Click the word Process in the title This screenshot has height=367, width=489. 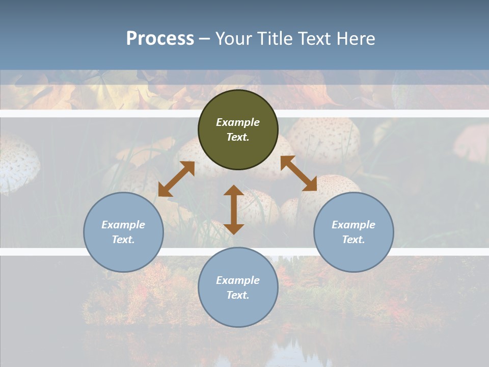(x=160, y=39)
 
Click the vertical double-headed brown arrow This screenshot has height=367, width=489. (x=234, y=209)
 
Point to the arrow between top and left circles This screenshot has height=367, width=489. (x=176, y=179)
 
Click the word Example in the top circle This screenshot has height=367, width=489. (x=238, y=122)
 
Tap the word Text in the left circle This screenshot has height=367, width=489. (x=123, y=240)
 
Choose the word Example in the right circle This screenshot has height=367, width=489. (x=354, y=225)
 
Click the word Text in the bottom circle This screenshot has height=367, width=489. (x=238, y=295)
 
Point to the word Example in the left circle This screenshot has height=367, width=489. (x=123, y=225)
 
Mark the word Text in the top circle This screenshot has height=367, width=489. (x=238, y=137)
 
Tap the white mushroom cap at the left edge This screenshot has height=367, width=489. (x=18, y=163)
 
